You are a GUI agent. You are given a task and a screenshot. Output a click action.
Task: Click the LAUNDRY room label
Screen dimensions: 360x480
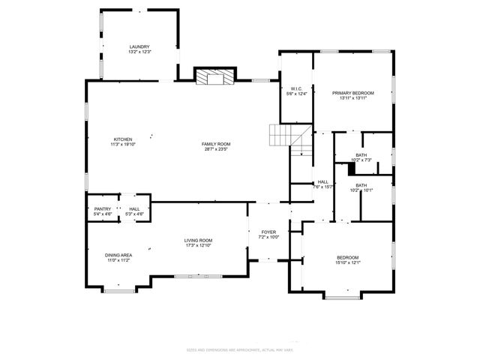click(x=139, y=46)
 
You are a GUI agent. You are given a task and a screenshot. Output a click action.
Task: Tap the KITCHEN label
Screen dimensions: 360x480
click(x=123, y=139)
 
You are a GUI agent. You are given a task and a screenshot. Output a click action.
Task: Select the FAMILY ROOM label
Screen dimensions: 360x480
click(x=215, y=143)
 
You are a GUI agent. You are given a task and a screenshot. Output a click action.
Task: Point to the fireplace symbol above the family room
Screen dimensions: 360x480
click(x=214, y=76)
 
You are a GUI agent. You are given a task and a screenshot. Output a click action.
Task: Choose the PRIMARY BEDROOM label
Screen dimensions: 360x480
click(x=352, y=92)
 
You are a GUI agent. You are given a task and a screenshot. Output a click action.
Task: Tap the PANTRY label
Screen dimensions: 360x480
click(x=103, y=209)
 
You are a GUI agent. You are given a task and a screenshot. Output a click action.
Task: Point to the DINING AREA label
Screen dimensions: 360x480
click(x=118, y=255)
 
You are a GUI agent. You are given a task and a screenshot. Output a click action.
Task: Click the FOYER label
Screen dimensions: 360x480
click(x=268, y=232)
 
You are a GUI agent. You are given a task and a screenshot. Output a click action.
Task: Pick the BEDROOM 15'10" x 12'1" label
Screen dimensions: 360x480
click(x=347, y=257)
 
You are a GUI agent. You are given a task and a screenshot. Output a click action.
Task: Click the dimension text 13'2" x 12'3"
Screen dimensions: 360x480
click(x=139, y=52)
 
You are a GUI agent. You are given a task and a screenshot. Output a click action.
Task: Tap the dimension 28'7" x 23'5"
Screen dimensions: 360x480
click(x=215, y=148)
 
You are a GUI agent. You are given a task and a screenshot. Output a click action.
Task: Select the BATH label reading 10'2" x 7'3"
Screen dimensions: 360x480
click(x=361, y=155)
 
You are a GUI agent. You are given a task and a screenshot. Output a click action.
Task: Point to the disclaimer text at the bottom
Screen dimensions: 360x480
click(x=240, y=349)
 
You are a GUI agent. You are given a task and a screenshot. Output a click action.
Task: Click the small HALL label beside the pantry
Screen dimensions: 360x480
click(x=134, y=209)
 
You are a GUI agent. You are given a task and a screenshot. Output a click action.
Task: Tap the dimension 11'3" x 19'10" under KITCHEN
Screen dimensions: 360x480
click(x=123, y=144)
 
